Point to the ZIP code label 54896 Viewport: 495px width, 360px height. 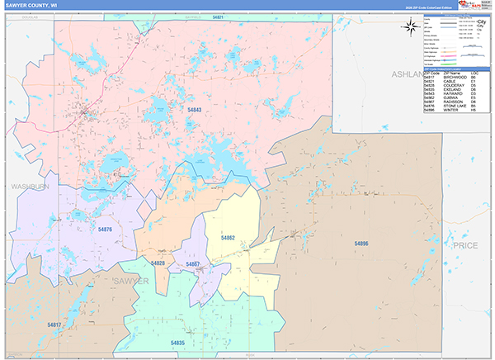click(361, 244)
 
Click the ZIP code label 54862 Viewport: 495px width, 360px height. click(229, 238)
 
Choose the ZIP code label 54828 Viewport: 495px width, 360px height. click(158, 263)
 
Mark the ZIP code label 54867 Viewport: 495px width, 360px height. click(193, 263)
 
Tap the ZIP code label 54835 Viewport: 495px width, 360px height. click(178, 341)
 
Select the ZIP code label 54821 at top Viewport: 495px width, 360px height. click(217, 17)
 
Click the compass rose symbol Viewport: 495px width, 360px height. click(409, 26)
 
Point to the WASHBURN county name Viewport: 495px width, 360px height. click(31, 187)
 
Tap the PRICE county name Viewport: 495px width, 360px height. click(466, 246)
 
